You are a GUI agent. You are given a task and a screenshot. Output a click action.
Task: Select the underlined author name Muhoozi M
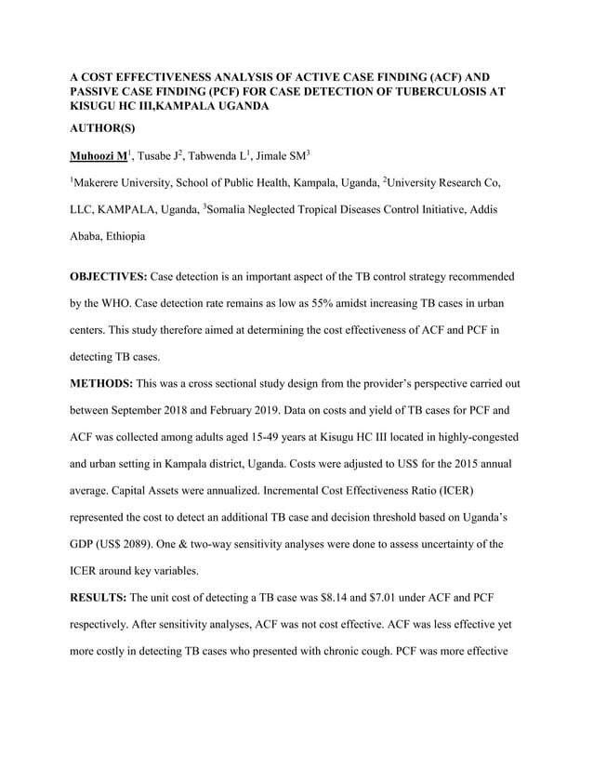point(100,154)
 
